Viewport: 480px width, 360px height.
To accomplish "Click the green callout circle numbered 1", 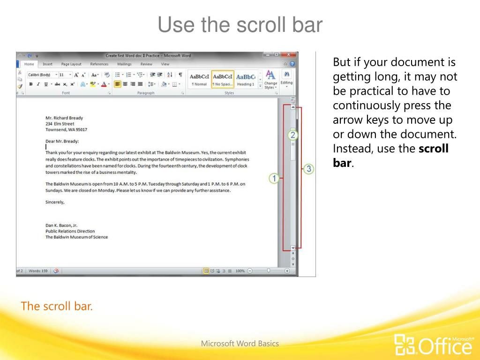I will tap(274, 178).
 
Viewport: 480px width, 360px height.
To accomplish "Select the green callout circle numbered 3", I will tap(308, 169).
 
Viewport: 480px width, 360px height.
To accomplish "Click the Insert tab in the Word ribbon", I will tap(47, 64).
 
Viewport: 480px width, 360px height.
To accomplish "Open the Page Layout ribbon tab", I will tap(71, 64).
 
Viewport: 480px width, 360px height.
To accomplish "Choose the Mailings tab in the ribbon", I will tap(124, 64).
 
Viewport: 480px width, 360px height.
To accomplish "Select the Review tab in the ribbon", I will tap(146, 64).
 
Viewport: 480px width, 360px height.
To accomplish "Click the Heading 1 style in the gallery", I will tap(246, 79).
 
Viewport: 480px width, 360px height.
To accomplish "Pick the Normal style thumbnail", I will tap(199, 79).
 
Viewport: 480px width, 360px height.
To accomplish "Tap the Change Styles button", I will tap(270, 79).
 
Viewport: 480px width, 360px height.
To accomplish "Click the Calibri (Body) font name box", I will tap(40, 75).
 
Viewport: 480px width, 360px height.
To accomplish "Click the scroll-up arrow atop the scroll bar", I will tap(293, 107).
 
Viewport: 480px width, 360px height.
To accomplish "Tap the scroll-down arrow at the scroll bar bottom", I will tap(293, 248).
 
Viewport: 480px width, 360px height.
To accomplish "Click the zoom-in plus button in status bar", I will tap(287, 271).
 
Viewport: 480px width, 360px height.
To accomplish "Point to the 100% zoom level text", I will tap(240, 271).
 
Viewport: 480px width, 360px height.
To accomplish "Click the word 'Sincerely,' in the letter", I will tap(55, 202).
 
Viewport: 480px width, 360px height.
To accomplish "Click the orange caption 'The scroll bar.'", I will tap(57, 307).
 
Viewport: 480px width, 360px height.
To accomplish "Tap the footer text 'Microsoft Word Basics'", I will tap(240, 344).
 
